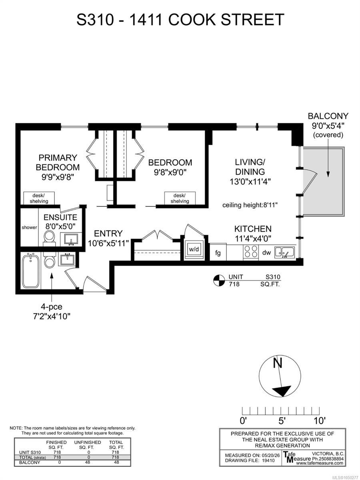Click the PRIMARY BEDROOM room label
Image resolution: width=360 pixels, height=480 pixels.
(x=58, y=162)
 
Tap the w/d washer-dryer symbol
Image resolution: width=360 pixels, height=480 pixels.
(x=194, y=249)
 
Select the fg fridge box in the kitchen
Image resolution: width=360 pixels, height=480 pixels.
(x=218, y=252)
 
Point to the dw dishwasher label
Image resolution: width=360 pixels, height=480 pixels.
(x=266, y=252)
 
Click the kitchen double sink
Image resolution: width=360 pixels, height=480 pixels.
(x=284, y=252)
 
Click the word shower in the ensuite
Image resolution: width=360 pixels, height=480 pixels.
(x=29, y=228)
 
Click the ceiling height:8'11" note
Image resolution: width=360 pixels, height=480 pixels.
(x=250, y=205)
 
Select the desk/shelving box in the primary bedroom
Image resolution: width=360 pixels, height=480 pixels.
(x=39, y=198)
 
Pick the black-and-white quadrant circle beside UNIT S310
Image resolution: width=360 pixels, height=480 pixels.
(x=219, y=280)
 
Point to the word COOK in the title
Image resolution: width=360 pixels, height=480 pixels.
(x=192, y=20)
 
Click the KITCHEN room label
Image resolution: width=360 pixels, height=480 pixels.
(x=253, y=229)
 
